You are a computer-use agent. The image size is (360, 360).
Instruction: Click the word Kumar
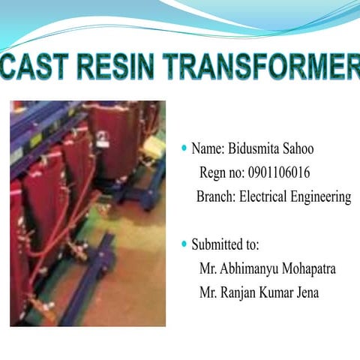pyautogui.click(x=278, y=292)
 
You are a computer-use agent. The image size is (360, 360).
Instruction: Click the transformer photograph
pyautogui.click(x=87, y=213)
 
